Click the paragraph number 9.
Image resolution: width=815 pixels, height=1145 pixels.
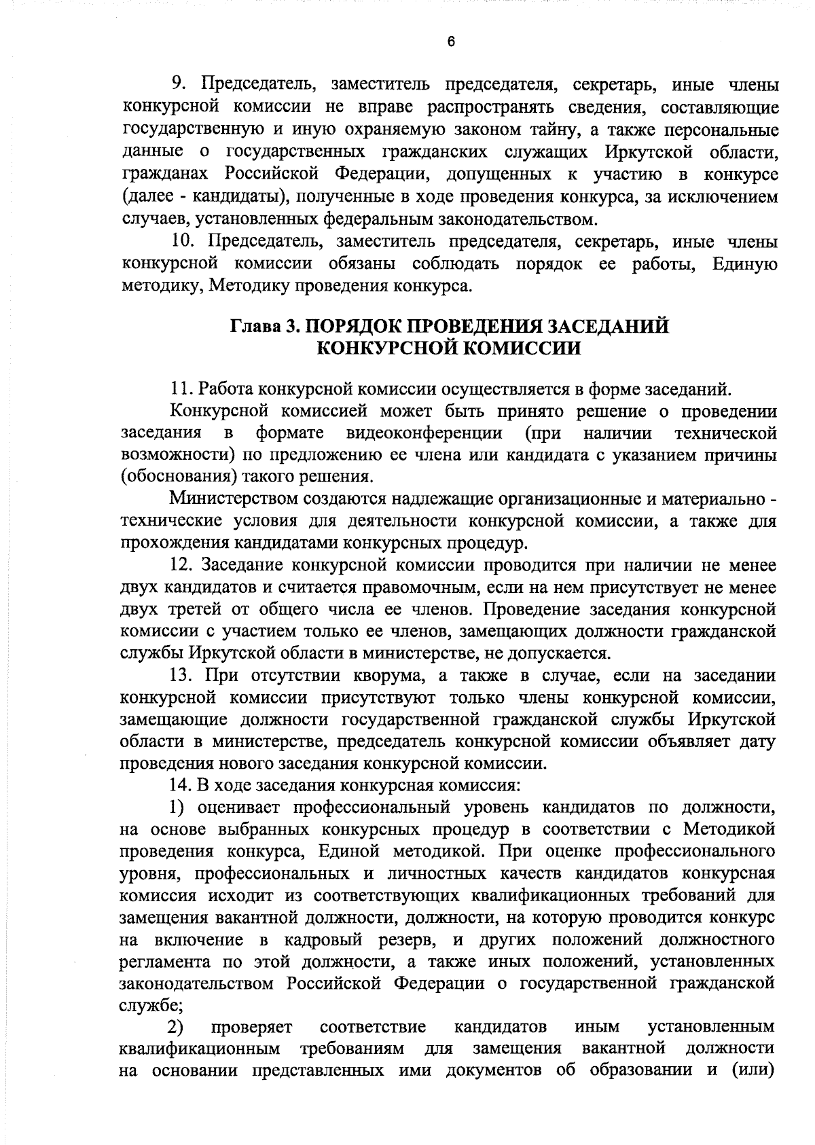coord(178,84)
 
